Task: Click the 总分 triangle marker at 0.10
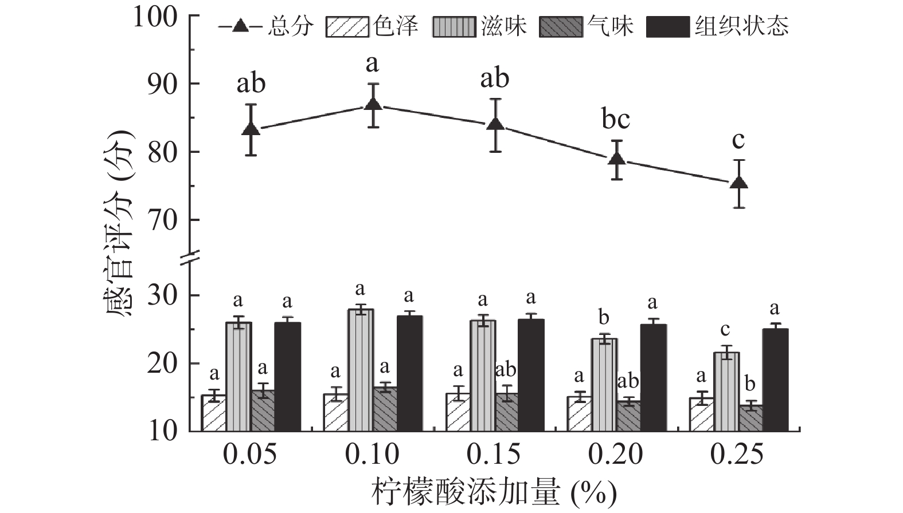pos(373,104)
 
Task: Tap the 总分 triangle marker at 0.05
pos(251,129)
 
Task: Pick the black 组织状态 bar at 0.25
pos(775,379)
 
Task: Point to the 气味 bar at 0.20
pos(628,416)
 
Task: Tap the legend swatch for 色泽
pos(347,27)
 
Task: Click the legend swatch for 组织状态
pos(668,27)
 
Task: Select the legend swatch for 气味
pos(561,27)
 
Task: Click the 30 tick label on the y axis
pos(163,296)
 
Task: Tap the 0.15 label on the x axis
pos(494,455)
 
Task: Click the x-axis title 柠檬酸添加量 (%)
pos(494,492)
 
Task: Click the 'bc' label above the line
pos(616,120)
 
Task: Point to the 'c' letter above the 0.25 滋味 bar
pos(725,329)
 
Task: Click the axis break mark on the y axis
pos(191,258)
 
